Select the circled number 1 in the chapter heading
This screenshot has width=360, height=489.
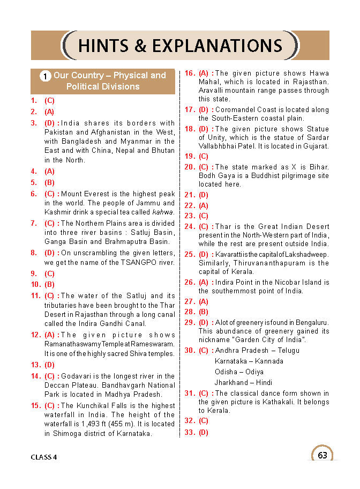pyautogui.click(x=46, y=76)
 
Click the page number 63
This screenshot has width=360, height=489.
pyautogui.click(x=322, y=455)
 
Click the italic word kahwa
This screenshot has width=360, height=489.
pyautogui.click(x=163, y=212)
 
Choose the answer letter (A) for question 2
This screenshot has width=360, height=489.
pyautogui.click(x=49, y=112)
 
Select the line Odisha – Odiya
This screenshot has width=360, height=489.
pyautogui.click(x=239, y=372)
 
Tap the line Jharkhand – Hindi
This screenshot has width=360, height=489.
pyautogui.click(x=244, y=382)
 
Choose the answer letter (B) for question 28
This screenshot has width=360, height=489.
pyautogui.click(x=204, y=312)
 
